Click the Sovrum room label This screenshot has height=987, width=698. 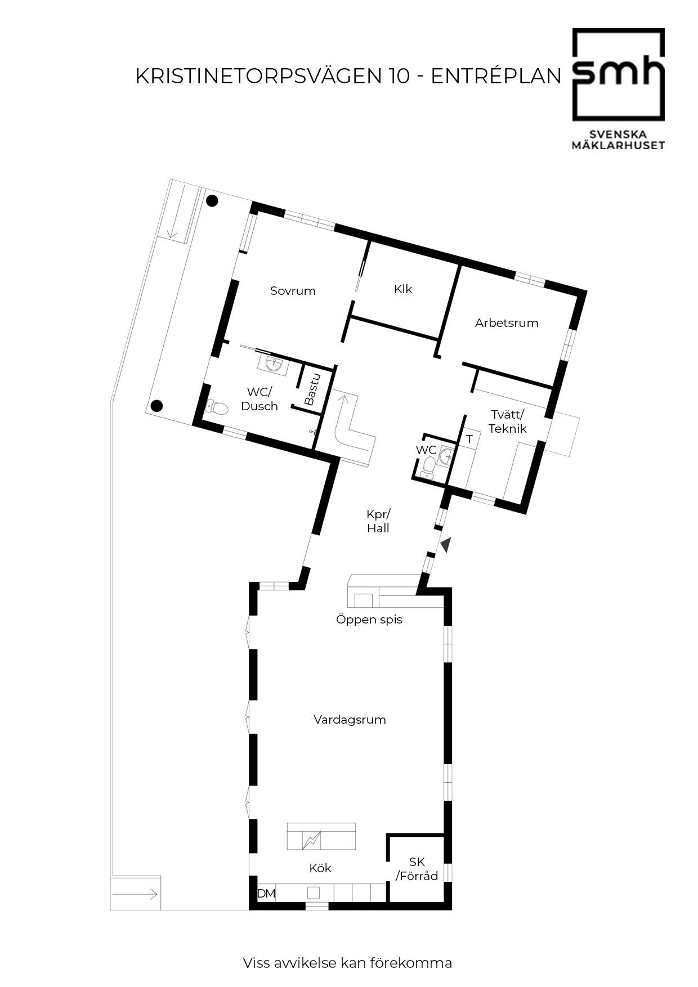pos(293,291)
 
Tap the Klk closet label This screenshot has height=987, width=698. pos(403,289)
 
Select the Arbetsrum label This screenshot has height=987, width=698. pos(507,323)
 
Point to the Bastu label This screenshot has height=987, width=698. pos(311,389)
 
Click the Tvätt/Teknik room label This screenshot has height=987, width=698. pos(508,421)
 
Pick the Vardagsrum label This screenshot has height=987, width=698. pos(350,719)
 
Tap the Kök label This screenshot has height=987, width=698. pos(320,868)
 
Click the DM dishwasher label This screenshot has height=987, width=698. pos(266,893)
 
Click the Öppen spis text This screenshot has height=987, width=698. pos(369,620)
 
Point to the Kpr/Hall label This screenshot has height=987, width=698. pos(378,521)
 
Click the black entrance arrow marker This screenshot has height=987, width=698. pos(446,545)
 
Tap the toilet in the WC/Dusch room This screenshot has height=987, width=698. pos(217,407)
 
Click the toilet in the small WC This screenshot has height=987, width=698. pos(429,466)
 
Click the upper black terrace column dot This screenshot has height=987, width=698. pos(212,200)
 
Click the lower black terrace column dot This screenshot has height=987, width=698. pos(157,405)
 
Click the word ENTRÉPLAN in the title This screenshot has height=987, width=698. pos(496,76)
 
